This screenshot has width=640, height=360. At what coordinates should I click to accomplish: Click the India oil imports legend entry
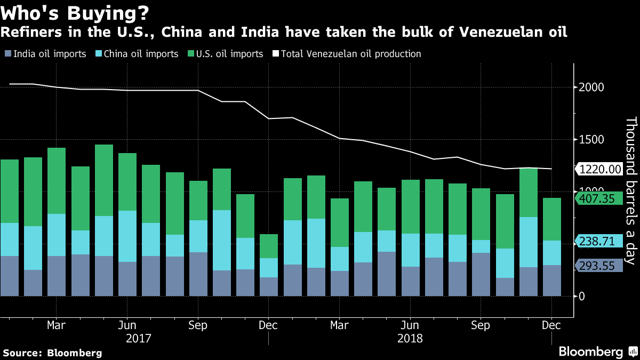tap(45, 54)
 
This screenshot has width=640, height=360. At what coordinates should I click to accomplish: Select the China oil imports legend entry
tap(137, 54)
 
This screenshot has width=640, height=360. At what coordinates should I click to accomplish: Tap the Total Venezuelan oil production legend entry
tap(347, 54)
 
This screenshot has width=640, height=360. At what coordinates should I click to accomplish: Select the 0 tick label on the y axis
tap(582, 296)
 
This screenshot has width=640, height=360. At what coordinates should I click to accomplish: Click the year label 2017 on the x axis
tap(139, 338)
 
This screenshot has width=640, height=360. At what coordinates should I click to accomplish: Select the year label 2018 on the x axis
tap(410, 338)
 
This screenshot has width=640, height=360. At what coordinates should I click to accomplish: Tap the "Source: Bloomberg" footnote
tap(52, 353)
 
